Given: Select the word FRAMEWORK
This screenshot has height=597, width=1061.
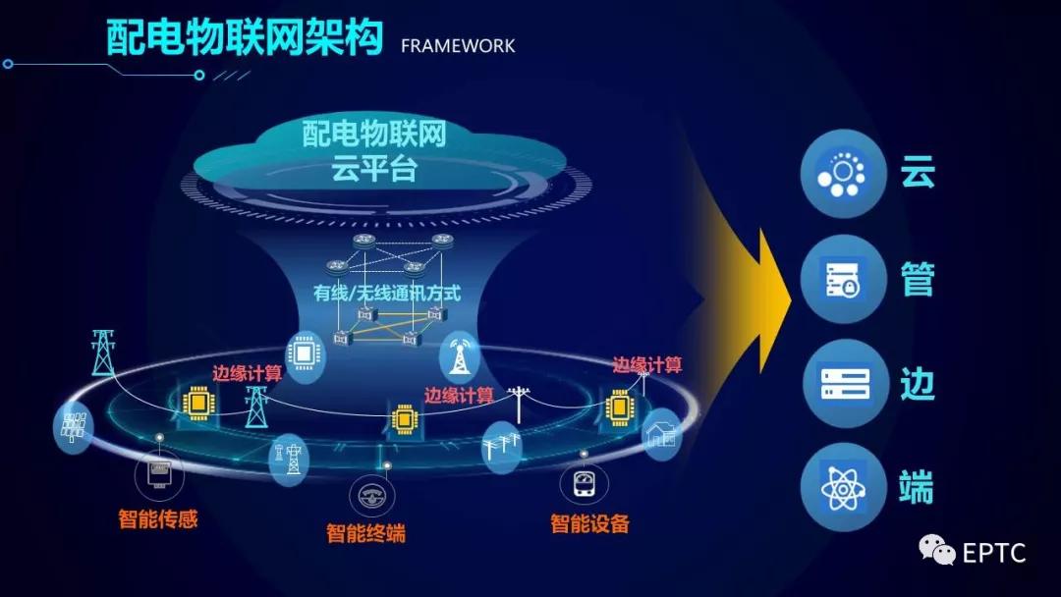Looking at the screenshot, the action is (x=458, y=46).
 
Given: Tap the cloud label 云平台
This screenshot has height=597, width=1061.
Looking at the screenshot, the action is (x=373, y=168).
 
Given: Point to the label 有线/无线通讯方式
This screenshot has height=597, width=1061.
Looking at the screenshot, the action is (x=386, y=293).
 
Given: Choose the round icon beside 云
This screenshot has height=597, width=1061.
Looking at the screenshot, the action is (x=843, y=174).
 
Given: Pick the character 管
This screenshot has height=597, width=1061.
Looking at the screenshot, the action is (x=918, y=279).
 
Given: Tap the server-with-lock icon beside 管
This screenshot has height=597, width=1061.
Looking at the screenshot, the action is (x=843, y=279).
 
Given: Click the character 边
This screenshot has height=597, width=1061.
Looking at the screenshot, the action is (x=918, y=383).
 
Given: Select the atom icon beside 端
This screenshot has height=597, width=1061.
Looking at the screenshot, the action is (x=843, y=487).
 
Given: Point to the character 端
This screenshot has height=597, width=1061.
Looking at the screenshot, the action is (x=917, y=487).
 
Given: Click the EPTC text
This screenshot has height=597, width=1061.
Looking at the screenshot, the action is (x=993, y=553).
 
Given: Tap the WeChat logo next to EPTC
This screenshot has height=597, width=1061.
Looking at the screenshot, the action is (x=936, y=550).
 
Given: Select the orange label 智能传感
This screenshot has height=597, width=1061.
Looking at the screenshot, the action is (x=158, y=519).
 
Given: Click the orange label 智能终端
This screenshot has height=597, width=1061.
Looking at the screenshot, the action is (x=366, y=533).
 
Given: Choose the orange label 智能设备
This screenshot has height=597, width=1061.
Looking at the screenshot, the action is (x=590, y=523).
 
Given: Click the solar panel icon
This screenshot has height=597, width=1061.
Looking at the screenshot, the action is (x=73, y=426).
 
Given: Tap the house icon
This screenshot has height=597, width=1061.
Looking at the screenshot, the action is (x=661, y=435).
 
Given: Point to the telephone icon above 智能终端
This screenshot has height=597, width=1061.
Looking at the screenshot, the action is (x=372, y=496).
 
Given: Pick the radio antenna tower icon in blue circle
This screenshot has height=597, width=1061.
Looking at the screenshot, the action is (x=460, y=355).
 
